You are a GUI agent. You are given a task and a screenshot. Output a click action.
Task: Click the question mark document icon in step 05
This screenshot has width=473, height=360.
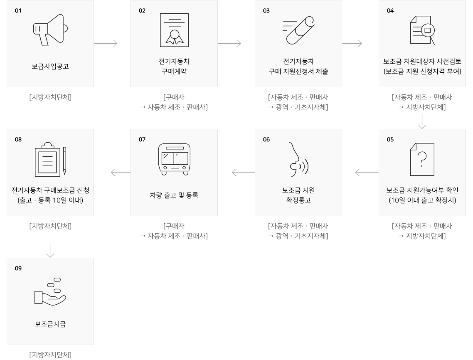[422, 159]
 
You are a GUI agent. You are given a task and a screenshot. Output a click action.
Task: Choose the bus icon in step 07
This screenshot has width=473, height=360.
[174, 159]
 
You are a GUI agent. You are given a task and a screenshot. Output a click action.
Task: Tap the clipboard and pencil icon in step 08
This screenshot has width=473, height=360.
[50, 159]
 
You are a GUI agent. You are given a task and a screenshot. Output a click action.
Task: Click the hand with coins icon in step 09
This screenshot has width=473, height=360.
[50, 291]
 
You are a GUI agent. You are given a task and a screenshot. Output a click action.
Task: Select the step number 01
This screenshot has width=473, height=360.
[18, 11]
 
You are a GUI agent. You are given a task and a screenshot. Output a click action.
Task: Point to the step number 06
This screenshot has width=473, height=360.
[266, 140]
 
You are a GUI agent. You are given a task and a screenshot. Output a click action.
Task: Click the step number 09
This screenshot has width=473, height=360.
[18, 269]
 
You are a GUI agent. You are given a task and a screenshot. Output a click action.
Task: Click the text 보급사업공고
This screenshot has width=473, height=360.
[50, 66]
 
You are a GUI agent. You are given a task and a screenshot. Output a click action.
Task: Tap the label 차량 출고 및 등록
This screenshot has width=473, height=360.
[174, 195]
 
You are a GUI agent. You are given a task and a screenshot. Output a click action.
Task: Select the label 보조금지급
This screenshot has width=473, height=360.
[50, 324]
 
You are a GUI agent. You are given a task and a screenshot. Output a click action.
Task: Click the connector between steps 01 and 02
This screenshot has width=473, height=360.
[106, 44]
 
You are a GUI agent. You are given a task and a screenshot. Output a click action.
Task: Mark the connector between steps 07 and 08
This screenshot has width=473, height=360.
[121, 173]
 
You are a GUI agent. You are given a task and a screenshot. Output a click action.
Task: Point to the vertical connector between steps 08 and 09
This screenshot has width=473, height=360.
[50, 249]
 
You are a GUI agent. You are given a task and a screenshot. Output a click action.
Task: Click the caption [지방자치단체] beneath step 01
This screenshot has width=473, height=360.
[50, 98]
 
